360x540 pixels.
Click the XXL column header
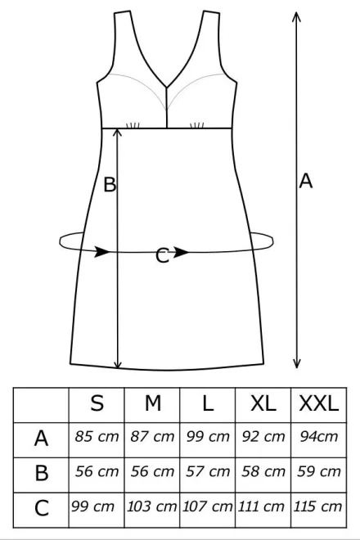pyautogui.click(x=318, y=403)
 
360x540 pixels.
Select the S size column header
pyautogui.click(x=97, y=403)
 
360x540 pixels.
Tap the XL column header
pyautogui.click(x=263, y=403)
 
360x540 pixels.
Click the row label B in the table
pyautogui.click(x=42, y=473)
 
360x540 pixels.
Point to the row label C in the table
pyautogui.click(x=42, y=507)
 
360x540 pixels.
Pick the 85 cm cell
pyautogui.click(x=97, y=436)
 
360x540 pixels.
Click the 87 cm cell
pyautogui.click(x=152, y=436)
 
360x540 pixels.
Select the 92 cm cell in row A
pyautogui.click(x=263, y=436)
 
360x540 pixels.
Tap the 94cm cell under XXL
pyautogui.click(x=318, y=436)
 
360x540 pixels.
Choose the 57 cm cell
pyautogui.click(x=208, y=471)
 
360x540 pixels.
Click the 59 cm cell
pyautogui.click(x=319, y=471)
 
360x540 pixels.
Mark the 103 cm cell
pyautogui.click(x=151, y=506)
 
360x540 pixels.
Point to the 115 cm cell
pyautogui.click(x=317, y=506)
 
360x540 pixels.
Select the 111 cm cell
pyautogui.click(x=261, y=506)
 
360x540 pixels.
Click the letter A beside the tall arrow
pyautogui.click(x=305, y=181)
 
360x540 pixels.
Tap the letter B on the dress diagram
pyautogui.click(x=110, y=184)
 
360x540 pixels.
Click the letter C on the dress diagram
pyautogui.click(x=162, y=256)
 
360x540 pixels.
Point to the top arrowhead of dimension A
pyautogui.click(x=296, y=13)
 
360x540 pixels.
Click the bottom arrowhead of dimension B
pyautogui.click(x=118, y=367)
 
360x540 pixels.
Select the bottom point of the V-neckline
pyautogui.click(x=167, y=87)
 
